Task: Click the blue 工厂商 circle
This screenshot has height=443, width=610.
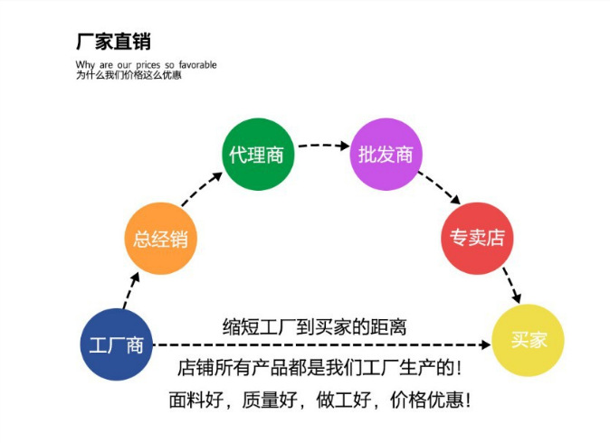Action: click(x=117, y=344)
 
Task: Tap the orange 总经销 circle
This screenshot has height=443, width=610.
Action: click(x=160, y=239)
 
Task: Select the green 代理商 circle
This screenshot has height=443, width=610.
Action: click(x=257, y=155)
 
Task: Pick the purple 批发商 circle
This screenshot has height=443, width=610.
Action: click(x=386, y=155)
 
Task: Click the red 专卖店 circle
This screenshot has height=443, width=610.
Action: click(x=477, y=238)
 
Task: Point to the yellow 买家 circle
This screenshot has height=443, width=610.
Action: click(x=529, y=340)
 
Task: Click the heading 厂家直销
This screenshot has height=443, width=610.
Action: click(x=113, y=41)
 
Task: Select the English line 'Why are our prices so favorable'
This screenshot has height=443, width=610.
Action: click(x=146, y=65)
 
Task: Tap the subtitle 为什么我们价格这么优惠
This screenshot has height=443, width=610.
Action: click(x=129, y=75)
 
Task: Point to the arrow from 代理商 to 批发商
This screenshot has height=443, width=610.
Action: click(x=322, y=145)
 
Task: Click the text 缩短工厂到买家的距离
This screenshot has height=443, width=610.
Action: click(x=315, y=326)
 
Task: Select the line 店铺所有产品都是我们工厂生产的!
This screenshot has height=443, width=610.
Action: click(x=319, y=369)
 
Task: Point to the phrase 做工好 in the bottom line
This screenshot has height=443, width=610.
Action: click(x=346, y=400)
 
